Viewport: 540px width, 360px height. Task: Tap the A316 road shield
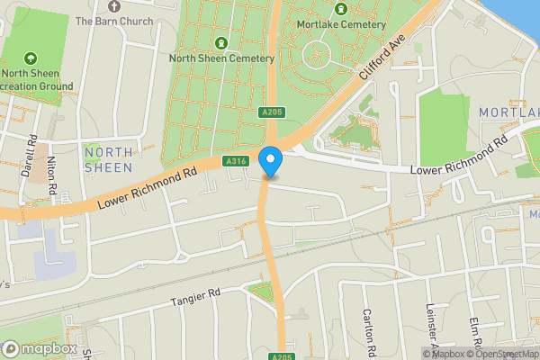pos(236,161)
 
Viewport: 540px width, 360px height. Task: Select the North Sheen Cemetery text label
pos(221,58)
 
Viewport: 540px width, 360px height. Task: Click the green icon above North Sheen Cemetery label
pos(221,42)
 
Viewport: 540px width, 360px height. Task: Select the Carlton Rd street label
pos(369,329)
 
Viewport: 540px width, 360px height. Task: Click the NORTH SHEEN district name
pos(108,159)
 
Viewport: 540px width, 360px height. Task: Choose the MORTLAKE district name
pos(508,112)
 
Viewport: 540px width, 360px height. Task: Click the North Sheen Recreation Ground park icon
pos(32,58)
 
